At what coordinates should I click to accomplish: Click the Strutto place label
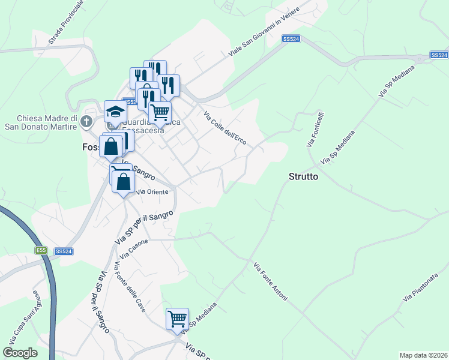(303, 178)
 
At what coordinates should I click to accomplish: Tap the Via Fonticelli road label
(316, 130)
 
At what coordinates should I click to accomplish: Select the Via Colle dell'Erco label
(225, 127)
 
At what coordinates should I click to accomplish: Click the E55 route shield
(41, 251)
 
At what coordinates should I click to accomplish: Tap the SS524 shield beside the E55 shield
(63, 251)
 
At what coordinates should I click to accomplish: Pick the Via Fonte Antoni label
(270, 281)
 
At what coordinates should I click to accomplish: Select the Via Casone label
(133, 249)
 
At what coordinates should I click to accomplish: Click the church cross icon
(86, 122)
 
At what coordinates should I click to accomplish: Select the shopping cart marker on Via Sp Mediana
(178, 319)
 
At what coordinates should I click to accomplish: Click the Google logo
(20, 352)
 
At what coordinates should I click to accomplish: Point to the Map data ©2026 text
(423, 355)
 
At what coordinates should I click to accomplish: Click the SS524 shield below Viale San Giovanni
(291, 39)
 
